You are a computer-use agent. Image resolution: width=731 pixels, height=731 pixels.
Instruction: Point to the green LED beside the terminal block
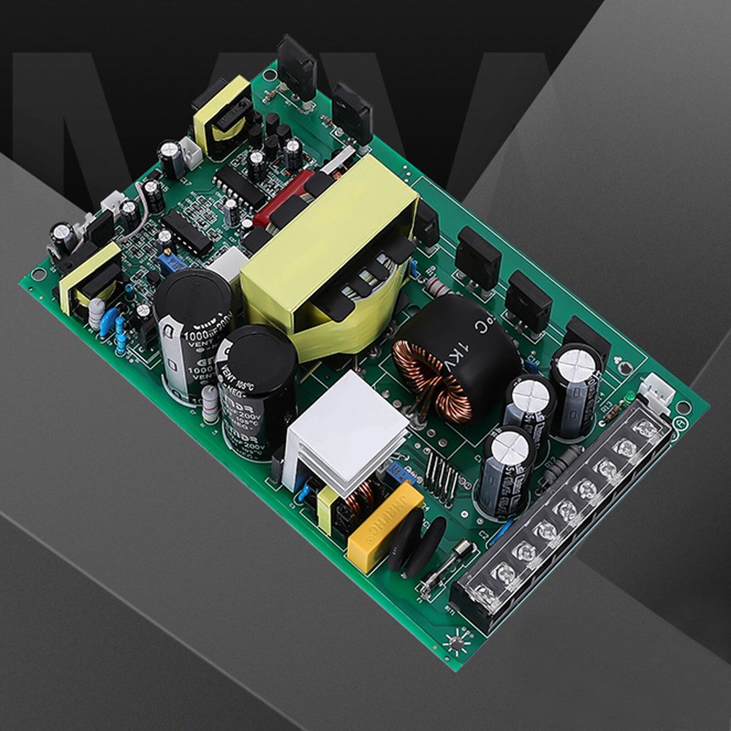click(629, 396)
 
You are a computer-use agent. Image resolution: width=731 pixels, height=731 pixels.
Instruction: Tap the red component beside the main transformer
click(281, 197)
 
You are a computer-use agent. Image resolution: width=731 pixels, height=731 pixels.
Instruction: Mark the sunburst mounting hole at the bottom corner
click(457, 644)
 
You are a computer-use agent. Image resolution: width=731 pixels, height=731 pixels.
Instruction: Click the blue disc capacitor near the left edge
click(110, 319)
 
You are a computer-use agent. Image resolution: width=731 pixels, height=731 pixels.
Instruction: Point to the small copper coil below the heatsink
click(360, 498)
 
